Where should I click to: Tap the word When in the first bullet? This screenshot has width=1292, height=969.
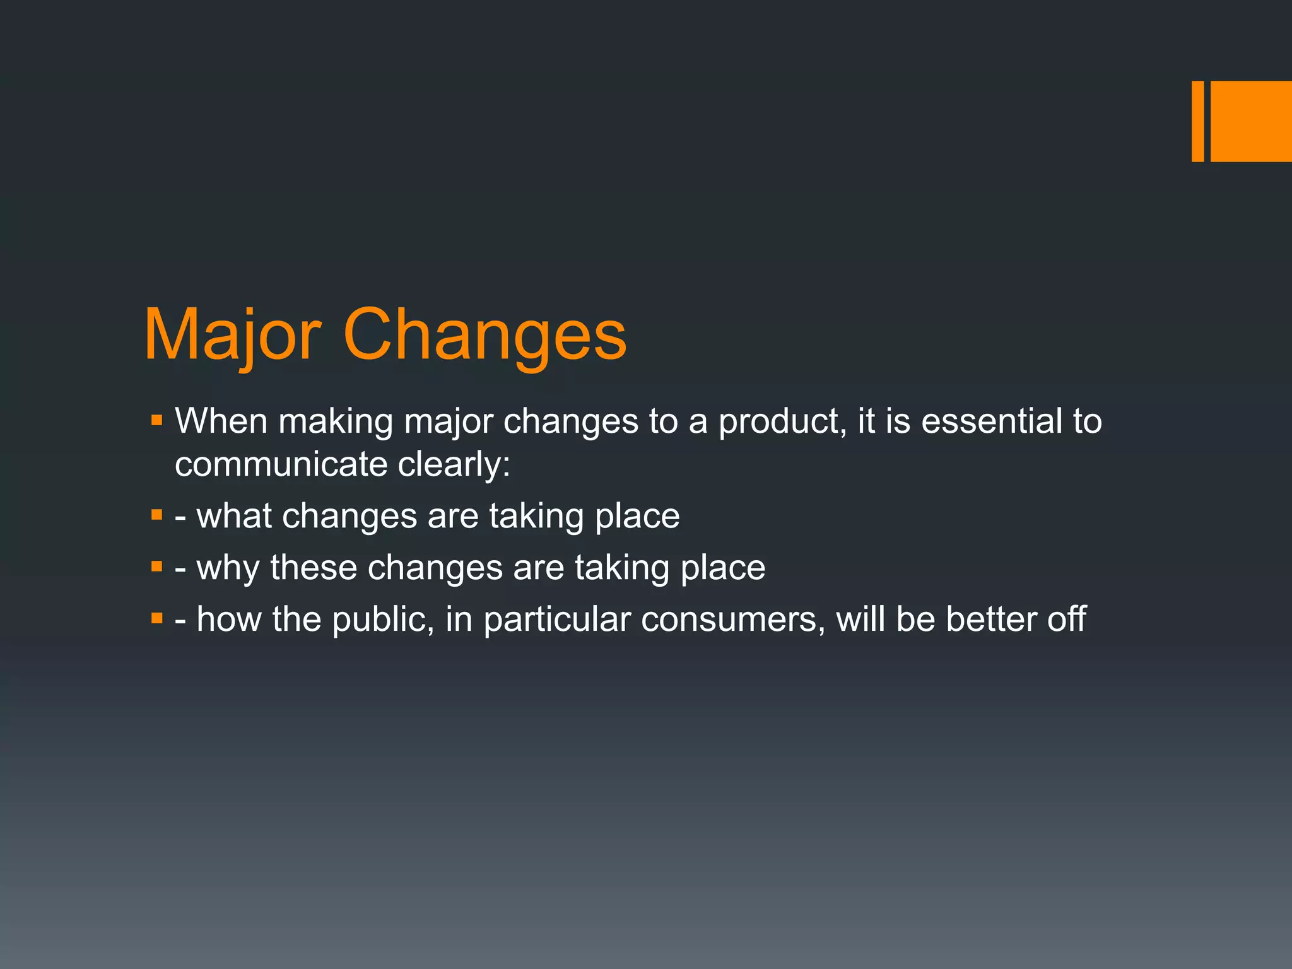pyautogui.click(x=221, y=421)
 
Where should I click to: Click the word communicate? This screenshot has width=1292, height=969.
pyautogui.click(x=281, y=465)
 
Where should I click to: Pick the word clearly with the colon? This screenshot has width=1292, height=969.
pyautogui.click(x=454, y=465)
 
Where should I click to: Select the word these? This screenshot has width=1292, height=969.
pyautogui.click(x=314, y=568)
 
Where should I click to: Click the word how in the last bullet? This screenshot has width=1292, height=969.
pyautogui.click(x=228, y=619)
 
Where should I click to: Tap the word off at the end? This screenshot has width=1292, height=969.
pyautogui.click(x=1067, y=619)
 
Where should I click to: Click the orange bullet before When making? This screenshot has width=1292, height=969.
pyautogui.click(x=157, y=420)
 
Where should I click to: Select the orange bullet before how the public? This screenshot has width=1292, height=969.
pyautogui.click(x=157, y=618)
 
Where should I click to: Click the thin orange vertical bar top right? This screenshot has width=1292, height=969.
pyautogui.click(x=1197, y=121)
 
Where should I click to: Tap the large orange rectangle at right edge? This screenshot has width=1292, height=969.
pyautogui.click(x=1251, y=121)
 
